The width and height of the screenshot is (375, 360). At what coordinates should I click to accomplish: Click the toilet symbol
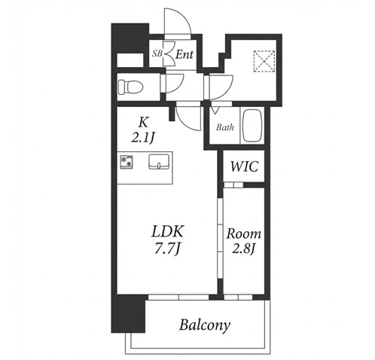(x=130, y=87)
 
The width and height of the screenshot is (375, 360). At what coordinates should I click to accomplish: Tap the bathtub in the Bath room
(x=252, y=126)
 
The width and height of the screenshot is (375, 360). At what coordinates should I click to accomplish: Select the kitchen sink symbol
(x=159, y=162)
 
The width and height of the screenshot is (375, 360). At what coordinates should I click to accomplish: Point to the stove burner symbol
(x=127, y=162)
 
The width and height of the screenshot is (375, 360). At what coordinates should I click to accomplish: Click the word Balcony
(x=205, y=325)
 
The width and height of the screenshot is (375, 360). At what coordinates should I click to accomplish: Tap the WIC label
(x=244, y=166)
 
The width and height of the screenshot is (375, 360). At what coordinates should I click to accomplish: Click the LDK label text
(x=168, y=231)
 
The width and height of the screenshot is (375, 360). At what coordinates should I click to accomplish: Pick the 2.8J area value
(x=244, y=249)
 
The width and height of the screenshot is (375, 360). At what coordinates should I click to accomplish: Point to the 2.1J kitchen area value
(x=142, y=138)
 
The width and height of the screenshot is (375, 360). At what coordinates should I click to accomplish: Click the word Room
(x=244, y=233)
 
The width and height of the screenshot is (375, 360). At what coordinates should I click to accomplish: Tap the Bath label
(x=225, y=127)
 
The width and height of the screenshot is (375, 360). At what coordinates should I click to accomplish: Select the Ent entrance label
(x=184, y=54)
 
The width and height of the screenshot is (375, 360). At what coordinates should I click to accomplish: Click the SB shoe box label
(x=157, y=53)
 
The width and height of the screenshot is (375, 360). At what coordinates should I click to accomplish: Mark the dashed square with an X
(x=264, y=61)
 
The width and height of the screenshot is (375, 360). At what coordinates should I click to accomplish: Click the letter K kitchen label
(x=143, y=123)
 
